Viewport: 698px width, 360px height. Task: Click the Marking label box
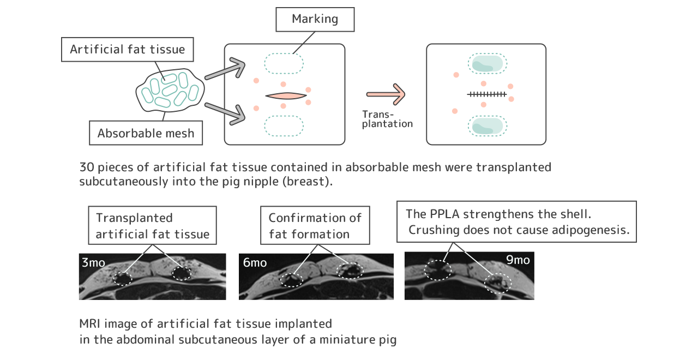[x=315, y=20]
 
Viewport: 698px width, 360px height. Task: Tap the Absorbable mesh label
[x=146, y=133]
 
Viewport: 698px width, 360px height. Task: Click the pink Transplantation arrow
[x=386, y=94]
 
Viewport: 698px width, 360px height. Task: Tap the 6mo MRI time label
[x=255, y=262]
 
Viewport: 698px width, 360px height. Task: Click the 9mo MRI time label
[x=518, y=260]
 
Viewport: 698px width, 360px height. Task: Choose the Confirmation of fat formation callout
[x=315, y=226]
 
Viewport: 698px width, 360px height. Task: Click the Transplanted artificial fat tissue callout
[x=152, y=226]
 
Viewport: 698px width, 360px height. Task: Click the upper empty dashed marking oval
[x=284, y=64]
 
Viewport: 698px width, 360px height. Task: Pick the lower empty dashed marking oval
[x=284, y=125]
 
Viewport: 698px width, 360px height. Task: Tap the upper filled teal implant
[x=487, y=64]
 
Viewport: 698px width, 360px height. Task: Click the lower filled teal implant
[x=487, y=125]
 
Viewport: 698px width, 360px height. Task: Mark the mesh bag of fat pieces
[x=170, y=90]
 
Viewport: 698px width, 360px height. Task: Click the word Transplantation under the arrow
[x=387, y=119]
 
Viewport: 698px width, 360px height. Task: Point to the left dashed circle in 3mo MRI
[x=123, y=278]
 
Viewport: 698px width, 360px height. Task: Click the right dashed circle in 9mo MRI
[x=498, y=283]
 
